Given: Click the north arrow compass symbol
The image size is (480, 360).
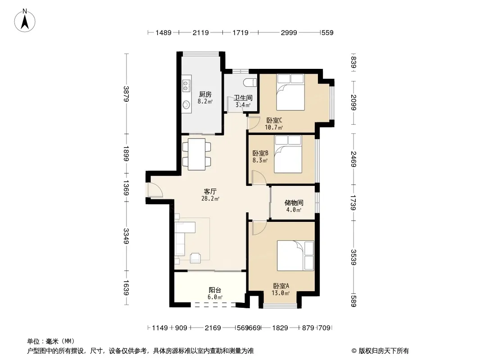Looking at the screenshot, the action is (x=25, y=20).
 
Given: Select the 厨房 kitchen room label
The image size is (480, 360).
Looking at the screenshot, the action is (x=205, y=94).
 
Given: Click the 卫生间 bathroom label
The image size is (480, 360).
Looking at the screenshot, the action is (x=243, y=98).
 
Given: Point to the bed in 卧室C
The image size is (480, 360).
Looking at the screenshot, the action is (x=290, y=92).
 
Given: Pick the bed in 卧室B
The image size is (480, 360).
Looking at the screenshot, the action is (x=288, y=154).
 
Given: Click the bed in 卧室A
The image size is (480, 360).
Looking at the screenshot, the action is (x=295, y=256).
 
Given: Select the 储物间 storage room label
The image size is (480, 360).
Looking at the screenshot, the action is (x=294, y=202).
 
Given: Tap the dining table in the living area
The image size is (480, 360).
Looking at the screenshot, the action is (x=196, y=154).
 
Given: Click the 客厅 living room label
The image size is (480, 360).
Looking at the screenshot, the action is (x=210, y=191).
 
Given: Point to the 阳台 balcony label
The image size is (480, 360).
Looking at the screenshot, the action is (x=215, y=290).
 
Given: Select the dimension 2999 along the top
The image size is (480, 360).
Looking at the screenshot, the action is (x=289, y=32).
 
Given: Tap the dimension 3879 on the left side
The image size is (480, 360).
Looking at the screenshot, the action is (x=126, y=94).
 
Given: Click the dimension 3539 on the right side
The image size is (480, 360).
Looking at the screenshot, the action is (x=353, y=257).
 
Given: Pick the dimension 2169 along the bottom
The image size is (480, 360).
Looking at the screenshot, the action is (x=213, y=328).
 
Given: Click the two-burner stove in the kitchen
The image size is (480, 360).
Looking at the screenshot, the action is (x=186, y=85).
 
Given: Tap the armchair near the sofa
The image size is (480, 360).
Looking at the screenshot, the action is (x=195, y=258).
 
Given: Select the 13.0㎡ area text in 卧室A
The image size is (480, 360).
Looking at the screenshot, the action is (x=281, y=293).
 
